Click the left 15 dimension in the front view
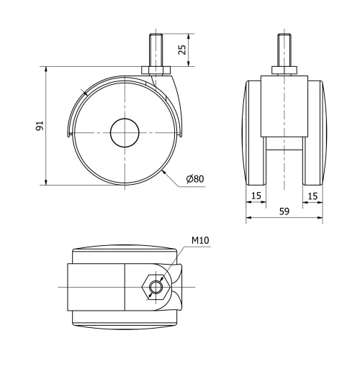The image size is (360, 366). point(256,195)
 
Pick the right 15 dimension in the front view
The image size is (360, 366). point(312,195)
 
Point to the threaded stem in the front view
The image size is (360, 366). point(284,50)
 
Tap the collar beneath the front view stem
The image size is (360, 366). point(284,71)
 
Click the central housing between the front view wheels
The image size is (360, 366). point(284,108)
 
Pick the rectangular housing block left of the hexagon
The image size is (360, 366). point(96,288)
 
